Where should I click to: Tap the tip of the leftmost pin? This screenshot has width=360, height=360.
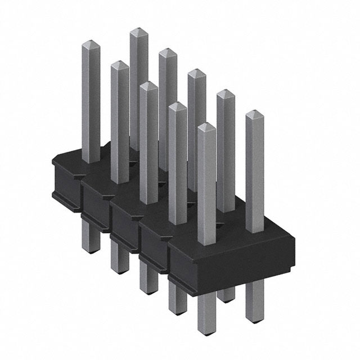pos(91,43)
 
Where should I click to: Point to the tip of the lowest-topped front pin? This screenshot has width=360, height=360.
pos(206,127)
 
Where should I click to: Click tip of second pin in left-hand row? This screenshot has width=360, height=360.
pos(120,65)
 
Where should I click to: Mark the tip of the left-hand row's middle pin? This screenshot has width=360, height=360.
pos(148,85)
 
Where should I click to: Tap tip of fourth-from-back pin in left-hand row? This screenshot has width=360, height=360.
pos(177,106)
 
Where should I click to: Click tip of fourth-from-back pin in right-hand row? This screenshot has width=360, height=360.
pos(226,93)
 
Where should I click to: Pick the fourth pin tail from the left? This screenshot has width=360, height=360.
pos(177,301)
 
